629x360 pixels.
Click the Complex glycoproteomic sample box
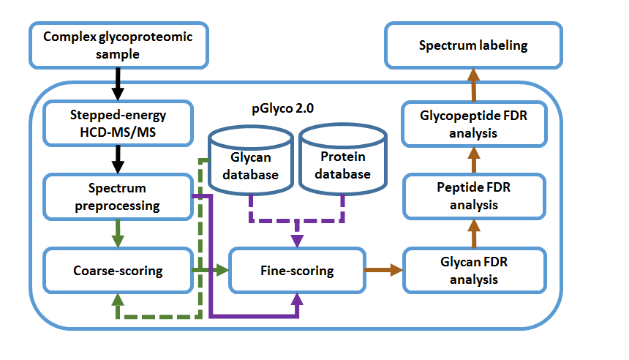coord(118,44)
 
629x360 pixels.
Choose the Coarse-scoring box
coord(117,271)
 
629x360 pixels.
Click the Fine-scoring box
coord(296,271)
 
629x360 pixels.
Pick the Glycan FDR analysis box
coord(473,271)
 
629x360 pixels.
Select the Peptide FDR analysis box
coord(473,195)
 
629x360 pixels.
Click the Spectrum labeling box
coord(473,45)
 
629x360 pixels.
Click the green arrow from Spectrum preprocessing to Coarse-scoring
coord(117,232)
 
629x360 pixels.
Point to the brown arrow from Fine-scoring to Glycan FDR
coord(383,271)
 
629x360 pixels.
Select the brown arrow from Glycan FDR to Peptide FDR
coord(473,233)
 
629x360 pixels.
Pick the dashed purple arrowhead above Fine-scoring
coord(297,240)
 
